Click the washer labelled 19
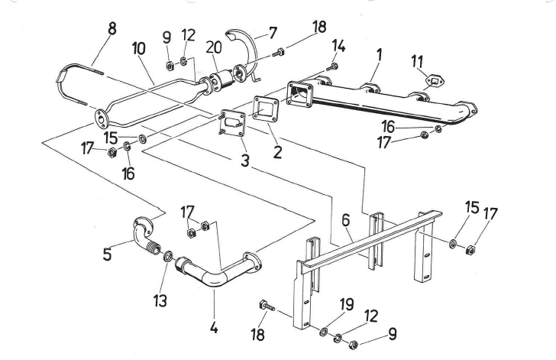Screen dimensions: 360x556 (x=322, y=330)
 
